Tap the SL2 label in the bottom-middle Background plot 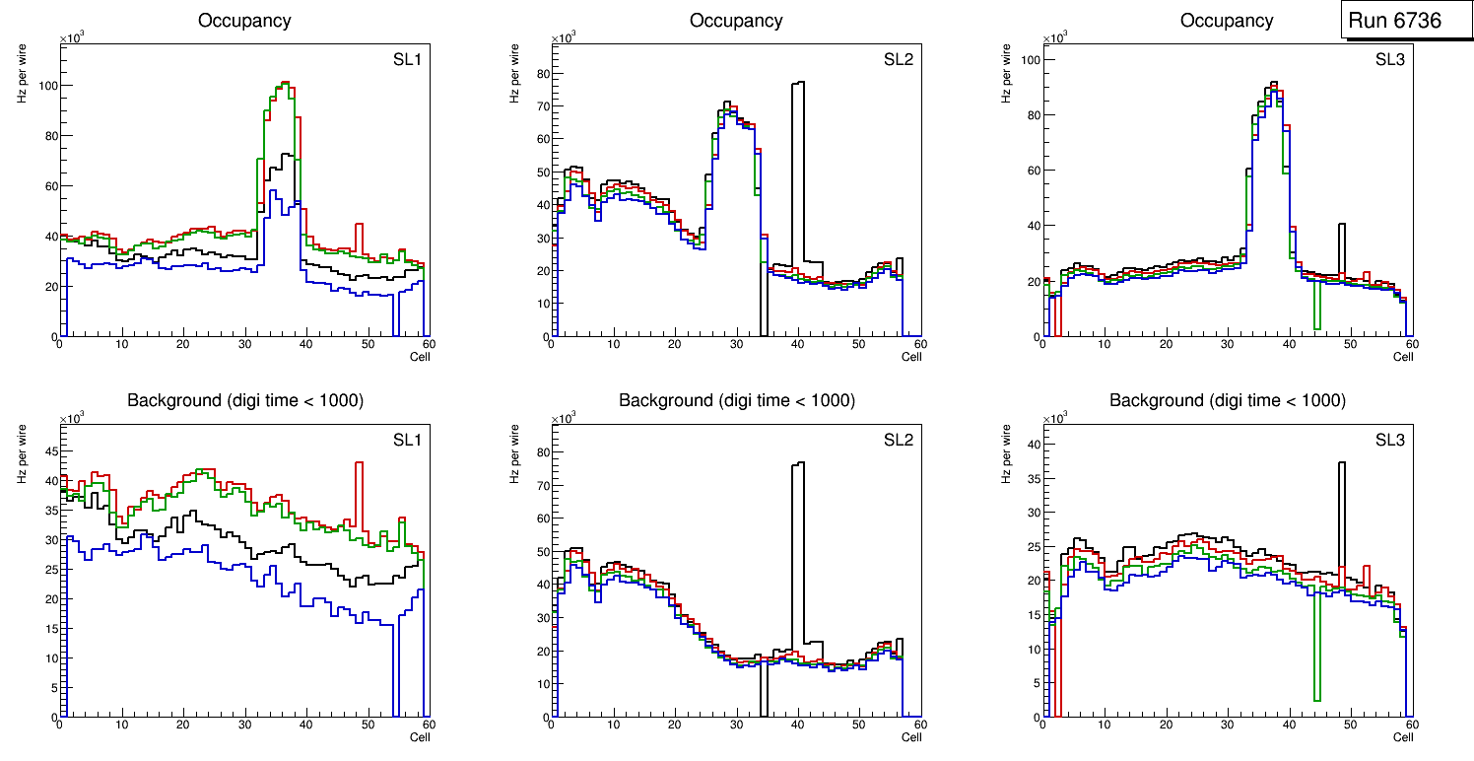coord(898,439)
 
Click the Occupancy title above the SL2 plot coord(736,21)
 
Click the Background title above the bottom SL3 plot coord(1227,400)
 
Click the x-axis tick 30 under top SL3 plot coord(1227,344)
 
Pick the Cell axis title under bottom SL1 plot coord(420,736)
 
